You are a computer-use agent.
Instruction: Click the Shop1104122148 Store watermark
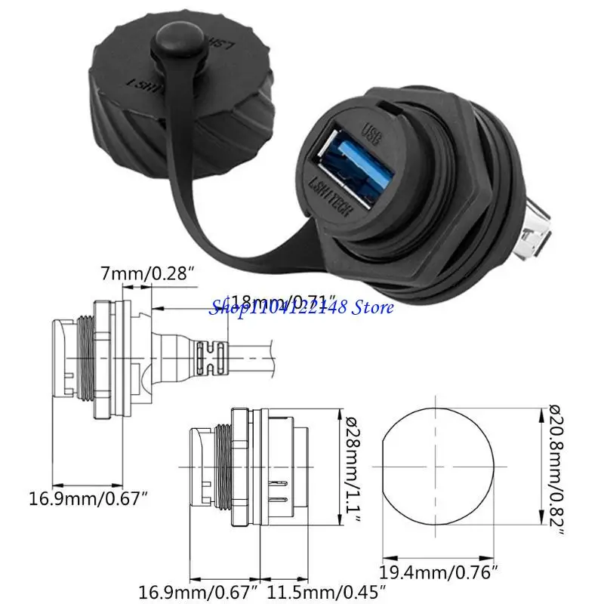[302, 307]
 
